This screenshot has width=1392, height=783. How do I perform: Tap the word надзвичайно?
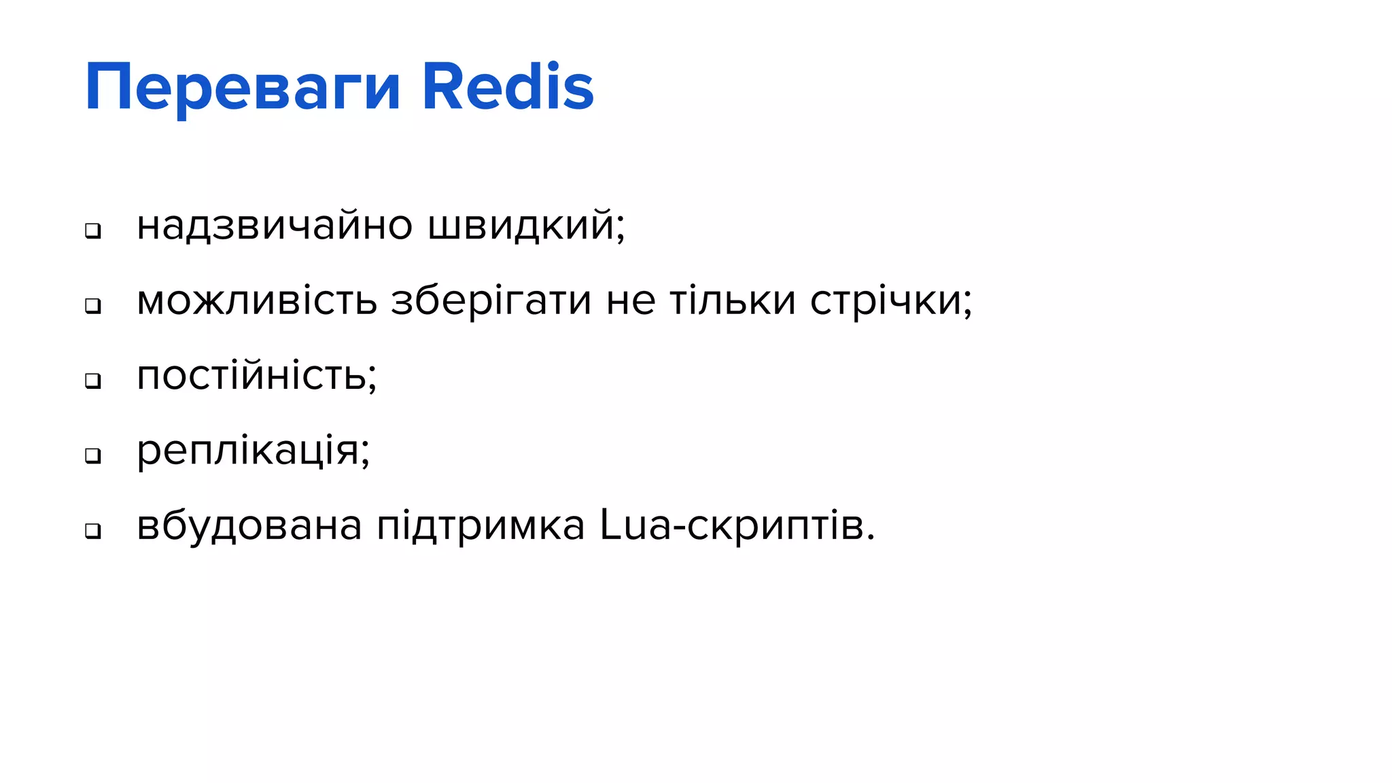pyautogui.click(x=275, y=226)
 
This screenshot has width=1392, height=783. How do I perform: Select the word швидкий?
pyautogui.click(x=521, y=226)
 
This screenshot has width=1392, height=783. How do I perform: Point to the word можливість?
pyautogui.click(x=257, y=300)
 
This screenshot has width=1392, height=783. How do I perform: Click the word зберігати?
pyautogui.click(x=491, y=300)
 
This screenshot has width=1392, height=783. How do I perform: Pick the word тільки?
pyautogui.click(x=733, y=300)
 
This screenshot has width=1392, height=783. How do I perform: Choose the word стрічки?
pyautogui.click(x=886, y=300)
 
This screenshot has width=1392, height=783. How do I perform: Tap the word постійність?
pyautogui.click(x=251, y=375)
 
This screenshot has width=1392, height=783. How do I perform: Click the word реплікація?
pyautogui.click(x=248, y=450)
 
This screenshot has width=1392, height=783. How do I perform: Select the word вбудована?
pyautogui.click(x=249, y=525)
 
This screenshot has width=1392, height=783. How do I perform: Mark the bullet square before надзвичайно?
pyautogui.click(x=93, y=231)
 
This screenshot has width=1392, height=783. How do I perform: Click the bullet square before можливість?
pyautogui.click(x=93, y=306)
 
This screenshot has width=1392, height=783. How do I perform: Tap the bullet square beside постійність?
pyautogui.click(x=93, y=381)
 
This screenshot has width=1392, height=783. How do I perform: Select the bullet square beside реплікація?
pyautogui.click(x=93, y=455)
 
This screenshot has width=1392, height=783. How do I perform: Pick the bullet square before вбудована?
pyautogui.click(x=93, y=531)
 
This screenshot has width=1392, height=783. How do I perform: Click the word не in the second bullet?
pyautogui.click(x=631, y=302)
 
